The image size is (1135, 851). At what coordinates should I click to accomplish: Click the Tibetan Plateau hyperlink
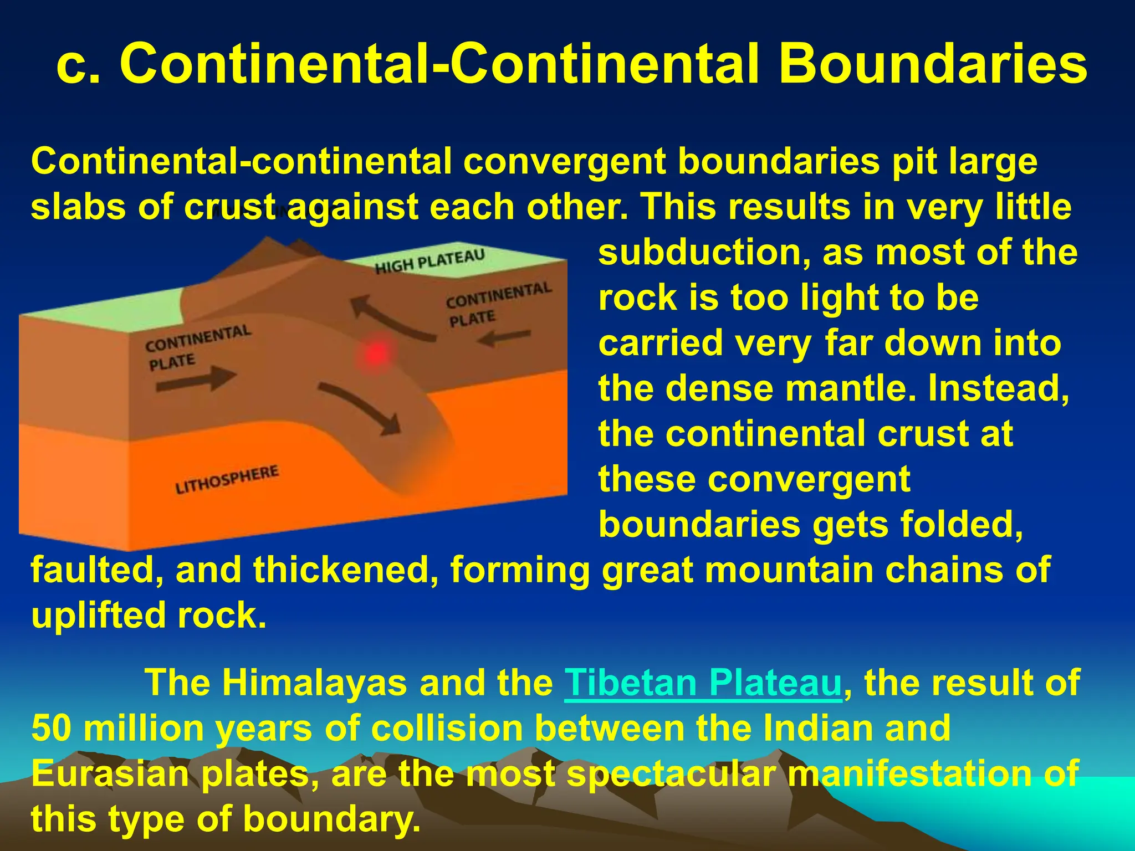(x=703, y=683)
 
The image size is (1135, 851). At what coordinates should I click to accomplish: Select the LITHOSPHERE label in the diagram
(x=227, y=480)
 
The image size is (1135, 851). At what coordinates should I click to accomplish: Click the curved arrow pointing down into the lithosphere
(x=360, y=407)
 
